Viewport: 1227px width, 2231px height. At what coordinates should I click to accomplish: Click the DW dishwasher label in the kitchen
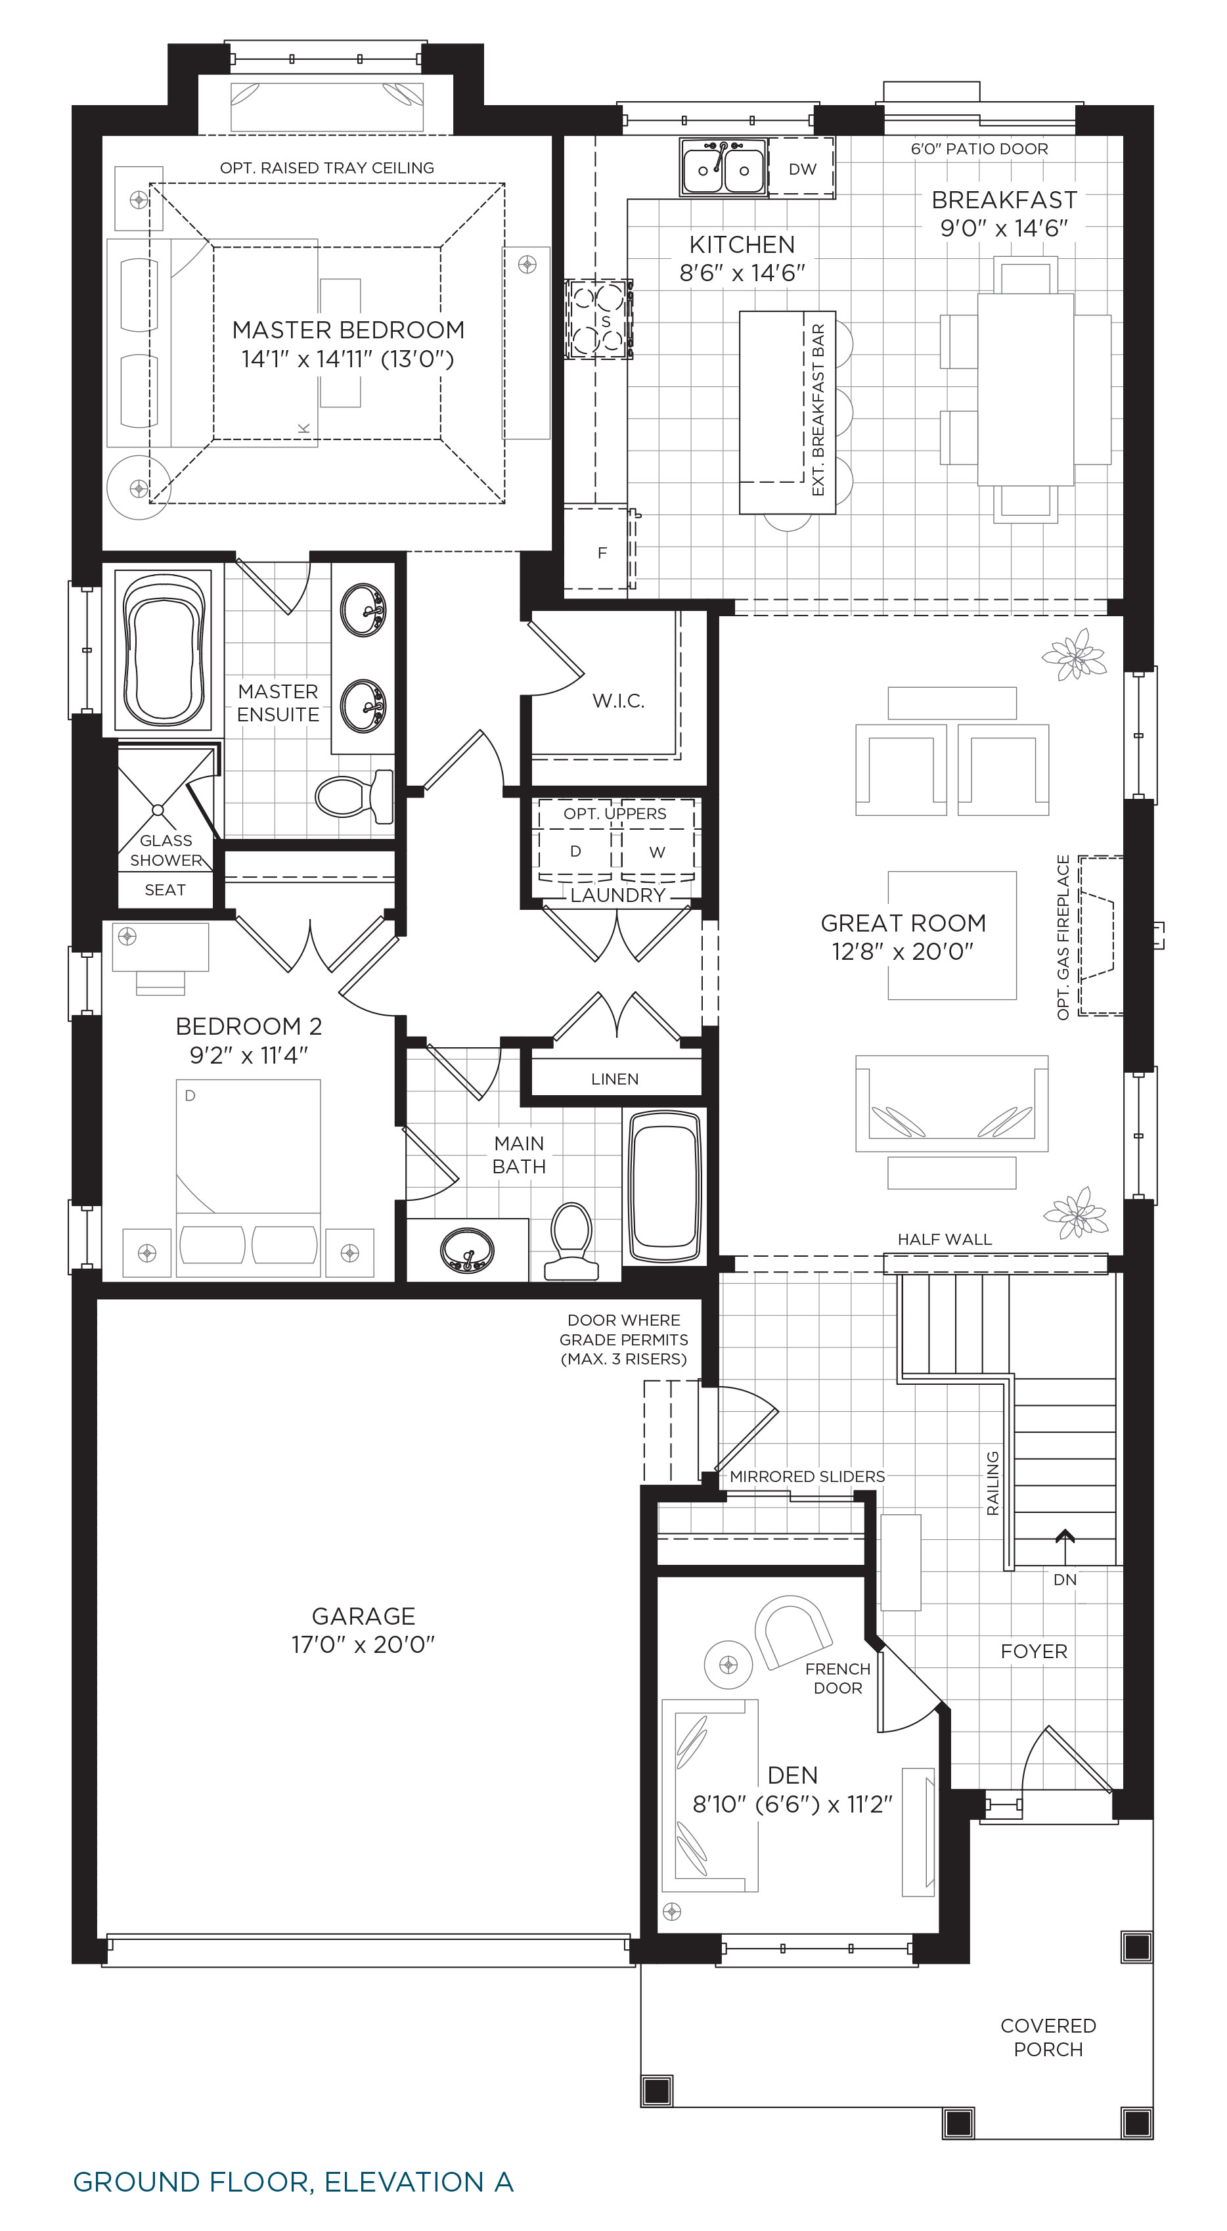[x=802, y=169]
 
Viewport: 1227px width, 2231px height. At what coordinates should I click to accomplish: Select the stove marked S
[x=598, y=319]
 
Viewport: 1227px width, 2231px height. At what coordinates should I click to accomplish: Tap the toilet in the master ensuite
[x=355, y=796]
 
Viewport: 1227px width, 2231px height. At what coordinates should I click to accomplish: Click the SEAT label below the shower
[x=166, y=890]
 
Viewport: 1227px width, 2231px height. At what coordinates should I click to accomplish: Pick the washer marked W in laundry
[x=658, y=852]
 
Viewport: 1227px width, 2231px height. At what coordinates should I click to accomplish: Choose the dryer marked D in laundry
[x=575, y=851]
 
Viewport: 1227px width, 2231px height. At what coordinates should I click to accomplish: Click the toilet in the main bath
[x=571, y=1240]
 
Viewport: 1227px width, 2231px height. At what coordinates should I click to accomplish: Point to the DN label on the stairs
[x=1065, y=1580]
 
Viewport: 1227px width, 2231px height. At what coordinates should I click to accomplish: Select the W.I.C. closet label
[x=618, y=701]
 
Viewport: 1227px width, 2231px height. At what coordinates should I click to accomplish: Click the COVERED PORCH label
[x=1048, y=2037]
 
